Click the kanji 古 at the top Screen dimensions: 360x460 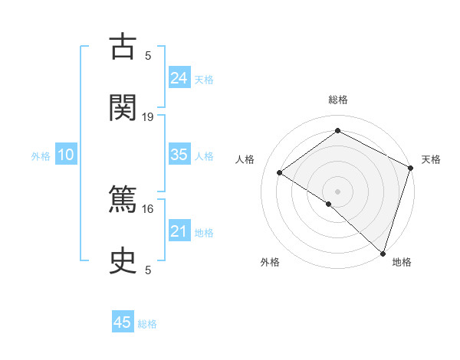tap(123, 47)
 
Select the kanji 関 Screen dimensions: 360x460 tap(123, 106)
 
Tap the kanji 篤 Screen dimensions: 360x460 tap(123, 201)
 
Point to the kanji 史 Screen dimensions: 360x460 tap(123, 260)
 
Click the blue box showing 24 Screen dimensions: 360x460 tap(179, 77)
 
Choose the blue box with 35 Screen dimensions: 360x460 tap(179, 155)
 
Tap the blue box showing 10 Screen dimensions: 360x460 tap(66, 155)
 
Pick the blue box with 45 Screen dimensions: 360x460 tap(123, 322)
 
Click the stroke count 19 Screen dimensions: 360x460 tap(148, 116)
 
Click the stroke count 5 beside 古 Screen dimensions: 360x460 tap(148, 55)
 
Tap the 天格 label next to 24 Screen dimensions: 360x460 tap(204, 80)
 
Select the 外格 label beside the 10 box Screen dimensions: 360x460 tap(41, 156)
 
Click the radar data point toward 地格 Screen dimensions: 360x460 tap(383, 253)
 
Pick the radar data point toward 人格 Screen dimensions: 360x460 tap(280, 172)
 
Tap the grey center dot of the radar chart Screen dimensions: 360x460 tap(337, 190)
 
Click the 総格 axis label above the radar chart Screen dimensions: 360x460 tap(337, 100)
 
